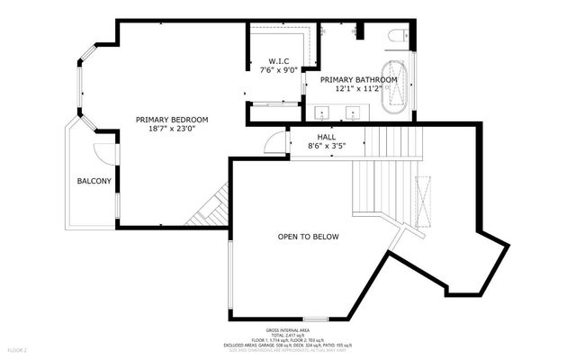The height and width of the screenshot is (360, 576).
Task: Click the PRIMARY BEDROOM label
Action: pos(172,120)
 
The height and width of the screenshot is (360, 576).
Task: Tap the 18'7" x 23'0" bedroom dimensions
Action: pos(172,129)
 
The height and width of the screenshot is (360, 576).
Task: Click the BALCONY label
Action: pos(94,182)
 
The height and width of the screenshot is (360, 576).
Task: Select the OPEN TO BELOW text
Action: pos(308,237)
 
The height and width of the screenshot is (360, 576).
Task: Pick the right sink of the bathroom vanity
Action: pos(354,113)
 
